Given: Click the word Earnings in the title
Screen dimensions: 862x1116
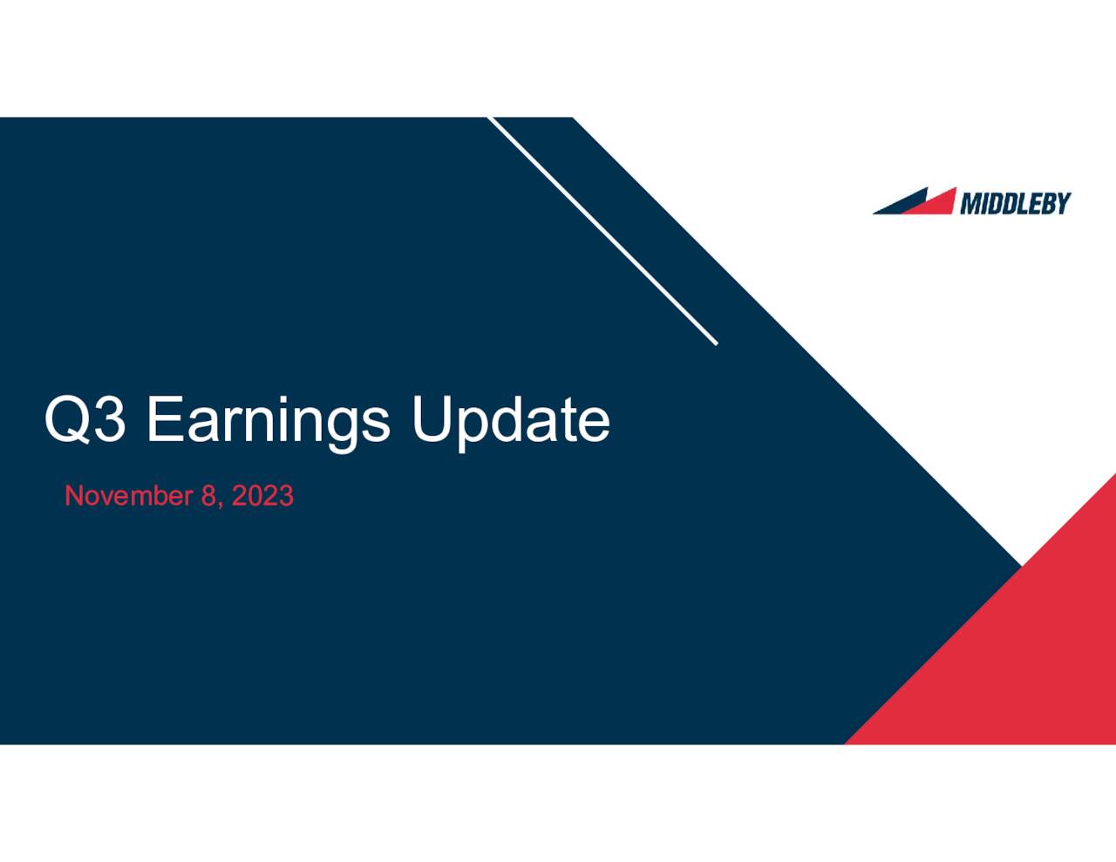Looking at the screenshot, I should pos(268,421).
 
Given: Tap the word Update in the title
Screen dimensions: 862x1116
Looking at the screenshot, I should pos(510,421).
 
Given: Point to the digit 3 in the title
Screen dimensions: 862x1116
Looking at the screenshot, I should pos(109,419).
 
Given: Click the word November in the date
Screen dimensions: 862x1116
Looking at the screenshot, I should pos(128,496).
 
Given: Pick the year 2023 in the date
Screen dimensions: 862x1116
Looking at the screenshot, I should pos(262,496).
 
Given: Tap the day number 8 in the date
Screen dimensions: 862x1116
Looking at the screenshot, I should pos(208,496).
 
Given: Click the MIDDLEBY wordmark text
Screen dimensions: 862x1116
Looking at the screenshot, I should pos(1015,203).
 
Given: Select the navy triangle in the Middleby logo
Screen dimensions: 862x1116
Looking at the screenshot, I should pos(898,204).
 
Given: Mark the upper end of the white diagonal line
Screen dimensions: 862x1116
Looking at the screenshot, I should pos(490,119).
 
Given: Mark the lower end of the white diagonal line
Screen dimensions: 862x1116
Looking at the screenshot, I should pos(716,343).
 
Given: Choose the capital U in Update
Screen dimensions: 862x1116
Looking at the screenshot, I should pos(430,419).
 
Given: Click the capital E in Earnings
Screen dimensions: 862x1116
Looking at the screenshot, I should pos(163,419).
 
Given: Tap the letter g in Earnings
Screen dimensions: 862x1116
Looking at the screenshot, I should pos(339,427).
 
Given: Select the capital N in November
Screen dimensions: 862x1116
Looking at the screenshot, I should pos(74,496).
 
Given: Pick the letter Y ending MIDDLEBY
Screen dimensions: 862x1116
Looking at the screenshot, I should pos(1062,203).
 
